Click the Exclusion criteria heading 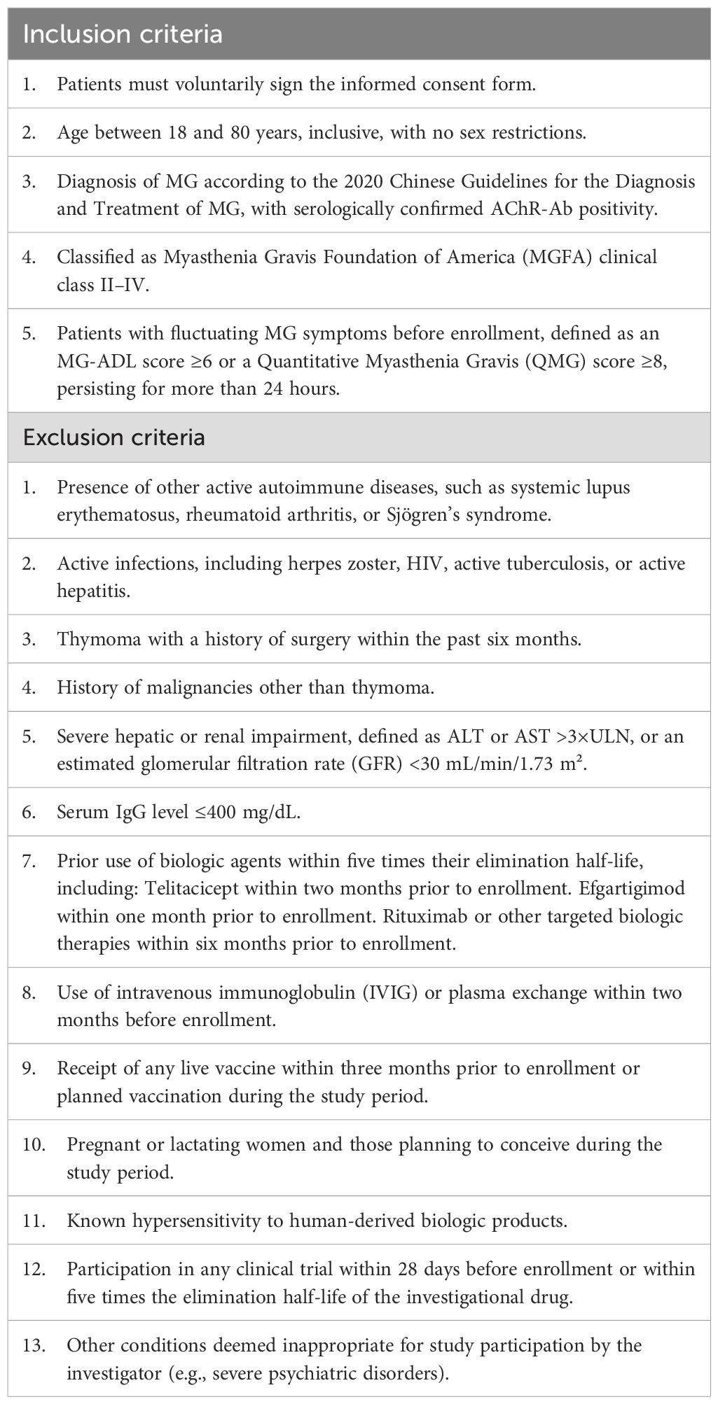pyautogui.click(x=114, y=437)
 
